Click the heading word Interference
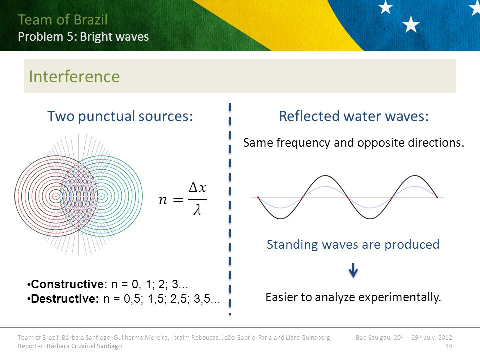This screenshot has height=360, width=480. pyautogui.click(x=74, y=76)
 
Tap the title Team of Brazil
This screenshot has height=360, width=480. pyautogui.click(x=63, y=20)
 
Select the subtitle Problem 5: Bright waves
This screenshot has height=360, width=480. pyautogui.click(x=83, y=37)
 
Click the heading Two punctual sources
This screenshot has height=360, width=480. pyautogui.click(x=120, y=116)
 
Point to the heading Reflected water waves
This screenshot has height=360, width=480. pyautogui.click(x=354, y=116)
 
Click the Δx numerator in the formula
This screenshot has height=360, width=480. pyautogui.click(x=198, y=188)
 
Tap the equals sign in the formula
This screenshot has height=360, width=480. pyautogui.click(x=178, y=200)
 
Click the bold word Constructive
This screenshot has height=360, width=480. pyautogui.click(x=69, y=284)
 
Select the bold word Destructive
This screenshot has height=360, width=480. pyautogui.click(x=65, y=299)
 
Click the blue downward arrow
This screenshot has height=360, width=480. pyautogui.click(x=353, y=270)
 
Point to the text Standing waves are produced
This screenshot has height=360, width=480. pyautogui.click(x=353, y=245)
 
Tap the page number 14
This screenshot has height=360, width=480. pyautogui.click(x=449, y=346)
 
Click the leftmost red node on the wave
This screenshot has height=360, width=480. pyautogui.click(x=258, y=198)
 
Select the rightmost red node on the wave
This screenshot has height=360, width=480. pyautogui.click(x=437, y=198)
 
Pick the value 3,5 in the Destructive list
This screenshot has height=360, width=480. pyautogui.click(x=202, y=299)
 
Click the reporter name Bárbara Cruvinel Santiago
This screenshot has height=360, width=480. pyautogui.click(x=84, y=346)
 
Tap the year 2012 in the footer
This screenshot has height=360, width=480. pyautogui.click(x=445, y=337)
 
